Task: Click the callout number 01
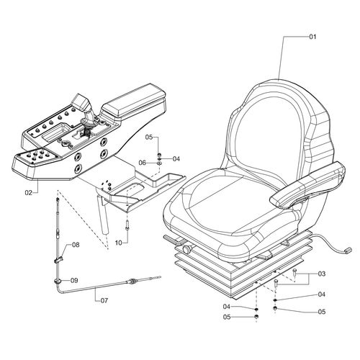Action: click(x=312, y=37)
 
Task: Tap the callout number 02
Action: click(x=28, y=192)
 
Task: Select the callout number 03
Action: click(x=321, y=274)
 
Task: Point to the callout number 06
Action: click(x=143, y=163)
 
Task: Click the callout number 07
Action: click(x=104, y=300)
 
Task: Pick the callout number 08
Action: click(x=76, y=245)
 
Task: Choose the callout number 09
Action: click(x=74, y=280)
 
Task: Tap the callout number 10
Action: click(x=119, y=243)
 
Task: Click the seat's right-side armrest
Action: click(x=307, y=184)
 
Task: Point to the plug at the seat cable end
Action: click(x=348, y=250)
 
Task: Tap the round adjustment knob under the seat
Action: click(x=186, y=249)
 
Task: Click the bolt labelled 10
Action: click(x=127, y=225)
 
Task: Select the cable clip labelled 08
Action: click(x=58, y=260)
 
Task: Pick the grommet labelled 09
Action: click(x=58, y=281)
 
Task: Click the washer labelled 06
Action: click(x=159, y=163)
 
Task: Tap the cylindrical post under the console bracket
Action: click(x=103, y=215)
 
